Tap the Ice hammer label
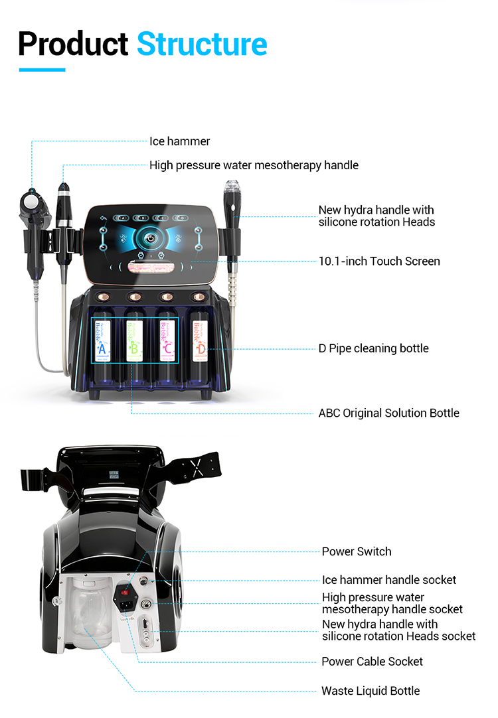(x=179, y=141)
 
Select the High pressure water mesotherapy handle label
(x=254, y=165)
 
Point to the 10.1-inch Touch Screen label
(x=379, y=261)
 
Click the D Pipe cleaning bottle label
(x=373, y=348)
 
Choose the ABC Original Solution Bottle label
(x=388, y=413)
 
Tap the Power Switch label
(x=357, y=551)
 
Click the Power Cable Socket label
(x=372, y=662)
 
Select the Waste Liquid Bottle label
(x=371, y=691)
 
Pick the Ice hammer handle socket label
(x=389, y=580)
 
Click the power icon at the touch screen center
(x=151, y=238)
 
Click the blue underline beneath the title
(x=42, y=70)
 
